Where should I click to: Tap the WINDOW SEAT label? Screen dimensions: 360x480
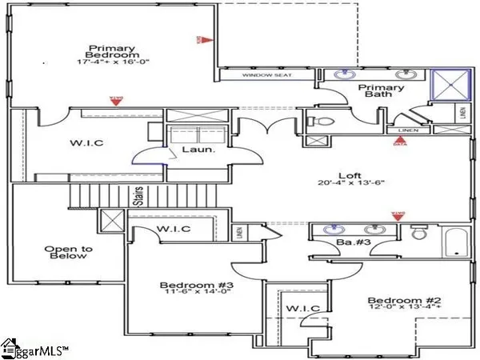tap(267, 75)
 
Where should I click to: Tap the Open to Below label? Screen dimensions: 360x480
tap(69, 254)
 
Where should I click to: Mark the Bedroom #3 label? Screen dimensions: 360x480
tap(186, 285)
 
